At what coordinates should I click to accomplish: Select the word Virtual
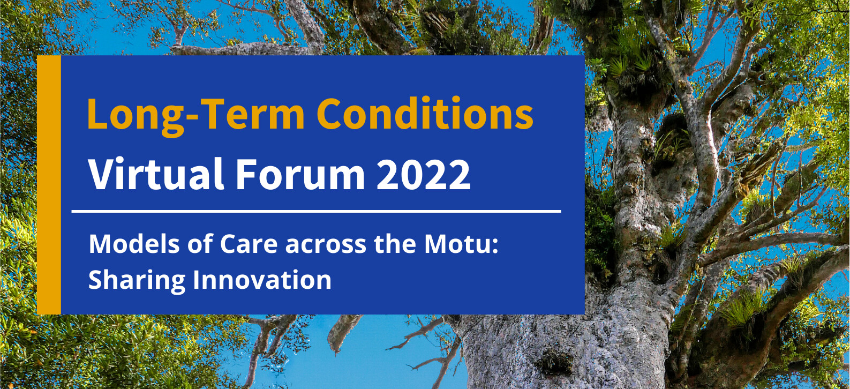point(156,173)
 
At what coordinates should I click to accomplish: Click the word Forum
point(300,174)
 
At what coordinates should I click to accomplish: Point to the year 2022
point(423,174)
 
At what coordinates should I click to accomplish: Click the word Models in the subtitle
point(134,244)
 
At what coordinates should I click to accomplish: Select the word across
point(326,246)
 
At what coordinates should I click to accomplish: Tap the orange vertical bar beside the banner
point(49,185)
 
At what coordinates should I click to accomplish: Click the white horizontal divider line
point(316,211)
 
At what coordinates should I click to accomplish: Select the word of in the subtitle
point(200,243)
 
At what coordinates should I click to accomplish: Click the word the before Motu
point(395,243)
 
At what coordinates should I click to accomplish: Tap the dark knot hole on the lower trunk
point(555,362)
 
